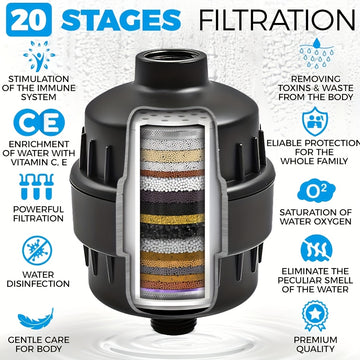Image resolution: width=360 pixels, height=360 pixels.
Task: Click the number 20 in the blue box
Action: click(29, 20)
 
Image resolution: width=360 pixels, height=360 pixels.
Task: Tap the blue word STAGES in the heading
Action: click(121, 19)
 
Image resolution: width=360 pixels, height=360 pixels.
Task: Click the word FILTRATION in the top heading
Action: click(277, 19)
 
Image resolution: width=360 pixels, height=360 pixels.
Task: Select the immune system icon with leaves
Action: click(39, 56)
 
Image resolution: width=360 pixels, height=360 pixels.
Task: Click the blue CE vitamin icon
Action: click(39, 123)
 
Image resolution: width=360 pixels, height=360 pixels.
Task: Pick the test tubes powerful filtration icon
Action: click(36, 187)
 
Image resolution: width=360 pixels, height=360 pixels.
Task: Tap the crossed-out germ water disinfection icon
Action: click(37, 251)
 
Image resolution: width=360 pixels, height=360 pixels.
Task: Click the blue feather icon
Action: click(36, 319)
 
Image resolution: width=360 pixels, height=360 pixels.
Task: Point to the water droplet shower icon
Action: click(316, 55)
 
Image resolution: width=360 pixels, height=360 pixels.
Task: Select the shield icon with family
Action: click(315, 121)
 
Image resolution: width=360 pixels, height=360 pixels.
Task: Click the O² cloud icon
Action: click(316, 191)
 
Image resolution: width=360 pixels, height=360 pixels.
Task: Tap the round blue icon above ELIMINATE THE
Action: click(316, 249)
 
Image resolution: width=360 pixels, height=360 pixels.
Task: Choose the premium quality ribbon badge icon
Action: click(315, 316)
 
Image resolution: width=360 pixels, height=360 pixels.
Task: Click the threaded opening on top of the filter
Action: click(172, 57)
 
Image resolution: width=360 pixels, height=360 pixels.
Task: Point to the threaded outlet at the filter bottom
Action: click(172, 325)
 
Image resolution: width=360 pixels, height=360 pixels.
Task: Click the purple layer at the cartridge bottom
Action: click(172, 291)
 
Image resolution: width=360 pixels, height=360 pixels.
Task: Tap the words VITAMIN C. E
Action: click(39, 163)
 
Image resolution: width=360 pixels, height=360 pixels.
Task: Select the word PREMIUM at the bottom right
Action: click(315, 340)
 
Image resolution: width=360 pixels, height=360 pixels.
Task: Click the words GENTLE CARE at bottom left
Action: click(39, 340)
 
